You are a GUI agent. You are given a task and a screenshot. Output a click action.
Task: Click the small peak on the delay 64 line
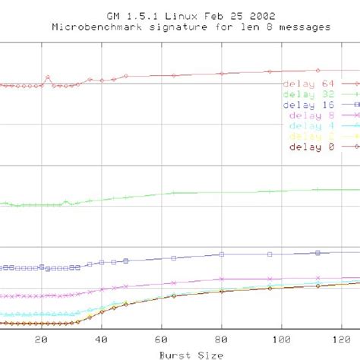click(x=48, y=77)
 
